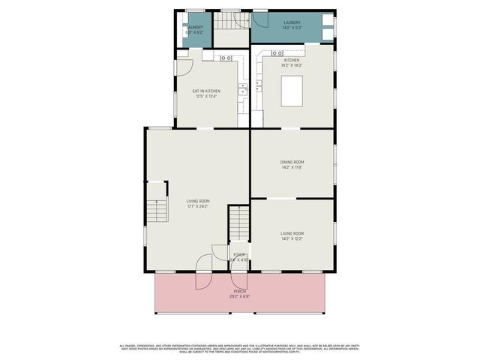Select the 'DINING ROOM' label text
[x=292, y=162]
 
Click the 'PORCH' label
[x=240, y=291]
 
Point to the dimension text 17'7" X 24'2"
[x=198, y=206]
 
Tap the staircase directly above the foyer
[x=238, y=222]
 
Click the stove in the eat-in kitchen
[x=227, y=57]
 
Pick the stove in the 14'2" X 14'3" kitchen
[x=277, y=53]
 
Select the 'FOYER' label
[x=239, y=255]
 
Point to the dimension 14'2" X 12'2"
[x=292, y=239]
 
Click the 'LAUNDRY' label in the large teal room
[x=292, y=23]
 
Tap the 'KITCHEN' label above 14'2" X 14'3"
[x=292, y=60]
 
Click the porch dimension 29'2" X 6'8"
[x=240, y=296]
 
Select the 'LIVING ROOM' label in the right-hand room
[x=292, y=234]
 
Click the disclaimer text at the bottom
[x=240, y=348]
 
